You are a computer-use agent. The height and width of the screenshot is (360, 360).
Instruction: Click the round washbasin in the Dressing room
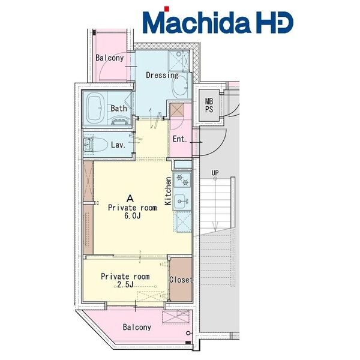point(180,88)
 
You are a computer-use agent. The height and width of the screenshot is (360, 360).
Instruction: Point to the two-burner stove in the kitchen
point(182,179)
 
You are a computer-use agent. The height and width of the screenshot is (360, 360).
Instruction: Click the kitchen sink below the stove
point(182,202)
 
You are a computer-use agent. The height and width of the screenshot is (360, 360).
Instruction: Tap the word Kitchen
point(168,191)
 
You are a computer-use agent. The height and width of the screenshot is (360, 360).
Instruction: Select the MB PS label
point(209,106)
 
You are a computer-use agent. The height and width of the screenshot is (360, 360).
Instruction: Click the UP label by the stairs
point(215,173)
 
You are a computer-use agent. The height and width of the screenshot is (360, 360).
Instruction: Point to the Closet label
point(181,280)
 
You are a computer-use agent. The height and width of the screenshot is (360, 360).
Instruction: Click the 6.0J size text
point(132,216)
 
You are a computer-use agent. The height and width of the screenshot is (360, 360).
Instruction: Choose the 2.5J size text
point(125,284)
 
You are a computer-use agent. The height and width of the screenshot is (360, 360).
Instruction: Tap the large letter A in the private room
point(130,199)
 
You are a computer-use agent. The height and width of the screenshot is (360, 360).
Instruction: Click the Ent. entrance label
point(180,139)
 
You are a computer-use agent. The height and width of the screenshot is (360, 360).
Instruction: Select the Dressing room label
point(162,76)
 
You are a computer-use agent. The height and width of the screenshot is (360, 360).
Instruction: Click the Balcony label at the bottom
point(137,327)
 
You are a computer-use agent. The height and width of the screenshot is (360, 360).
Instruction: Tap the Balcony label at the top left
point(110,58)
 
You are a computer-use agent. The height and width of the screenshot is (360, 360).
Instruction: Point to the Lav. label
point(118,145)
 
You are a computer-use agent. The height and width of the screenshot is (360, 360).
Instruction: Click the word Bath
point(119,108)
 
